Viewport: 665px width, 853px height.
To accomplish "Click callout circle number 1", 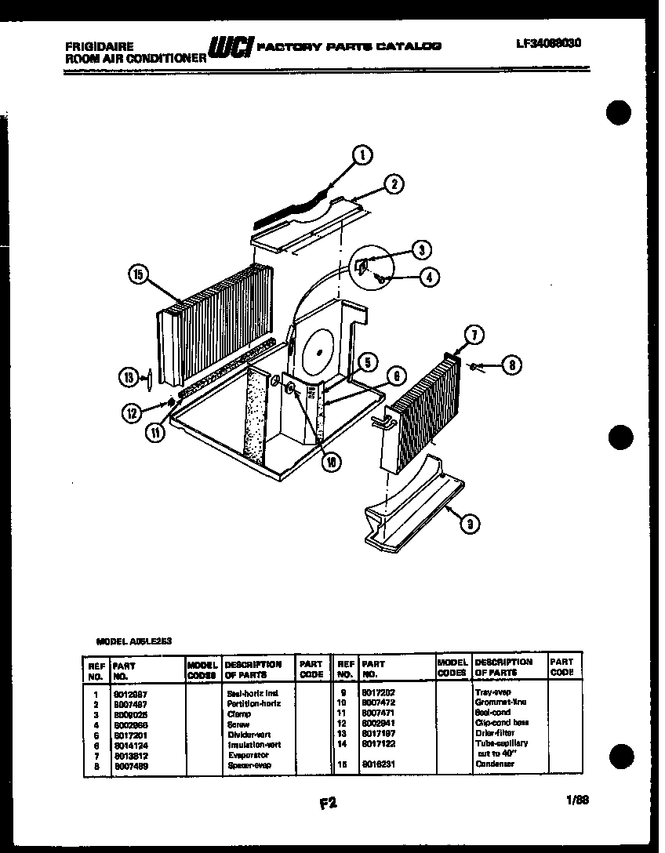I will (x=362, y=155).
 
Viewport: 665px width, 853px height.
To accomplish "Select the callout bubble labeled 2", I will (x=394, y=185).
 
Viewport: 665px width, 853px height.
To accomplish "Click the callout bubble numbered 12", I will (x=129, y=410).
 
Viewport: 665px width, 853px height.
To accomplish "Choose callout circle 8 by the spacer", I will (x=511, y=365).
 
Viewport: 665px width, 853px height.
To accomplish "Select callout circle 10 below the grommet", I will (x=332, y=462).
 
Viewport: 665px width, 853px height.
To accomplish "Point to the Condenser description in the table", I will (x=494, y=763).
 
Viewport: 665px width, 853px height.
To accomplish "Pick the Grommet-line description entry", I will (x=500, y=702).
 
